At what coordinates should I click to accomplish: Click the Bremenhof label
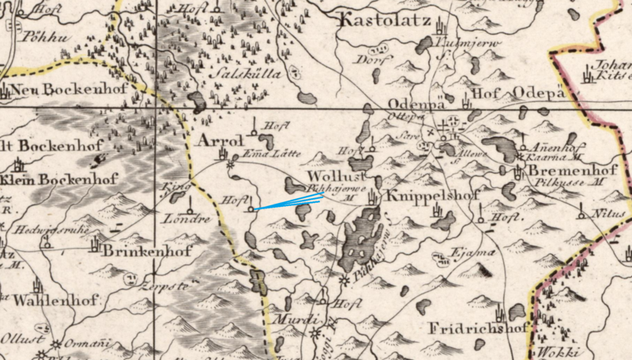568,171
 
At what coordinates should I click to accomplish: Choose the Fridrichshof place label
477,328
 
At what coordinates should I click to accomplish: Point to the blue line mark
288,203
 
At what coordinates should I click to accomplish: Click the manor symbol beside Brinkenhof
96,246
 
